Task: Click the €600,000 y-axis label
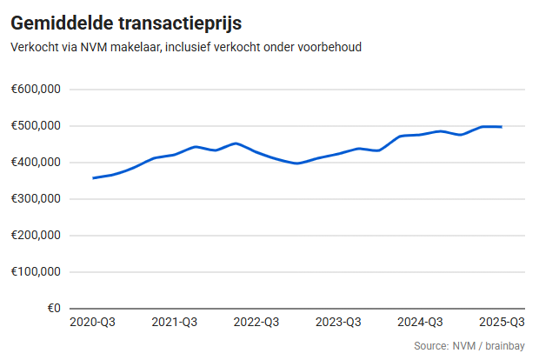coord(35,90)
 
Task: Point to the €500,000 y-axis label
coord(35,126)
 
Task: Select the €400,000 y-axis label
coord(35,163)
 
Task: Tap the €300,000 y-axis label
coord(35,199)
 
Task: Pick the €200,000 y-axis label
coord(35,236)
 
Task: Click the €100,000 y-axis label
coord(35,272)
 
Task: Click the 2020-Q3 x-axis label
coord(92,323)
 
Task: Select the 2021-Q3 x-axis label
coord(174,323)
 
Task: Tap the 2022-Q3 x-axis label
coord(256,323)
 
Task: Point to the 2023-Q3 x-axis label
coord(338,323)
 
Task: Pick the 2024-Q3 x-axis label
coord(420,323)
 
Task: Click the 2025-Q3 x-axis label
coord(502,323)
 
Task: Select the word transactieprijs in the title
coord(176,23)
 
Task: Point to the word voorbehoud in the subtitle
coord(329,47)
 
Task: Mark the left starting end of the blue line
coord(93,178)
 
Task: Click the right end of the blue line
coord(502,127)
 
